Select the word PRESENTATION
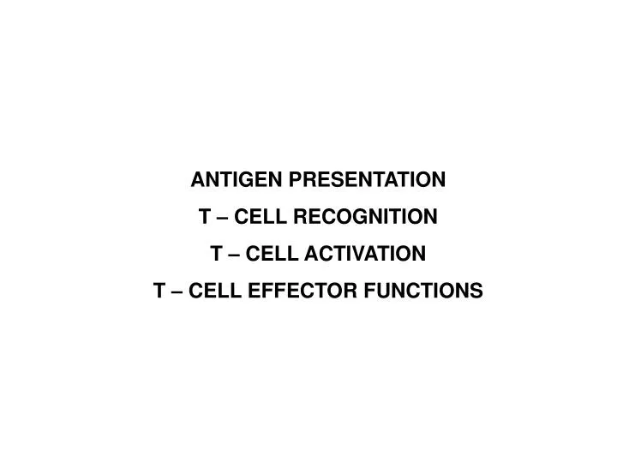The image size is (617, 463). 369,180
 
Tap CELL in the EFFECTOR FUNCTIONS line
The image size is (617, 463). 215,292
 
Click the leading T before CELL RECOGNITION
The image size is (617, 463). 204,217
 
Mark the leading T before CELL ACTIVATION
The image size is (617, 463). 215,254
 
